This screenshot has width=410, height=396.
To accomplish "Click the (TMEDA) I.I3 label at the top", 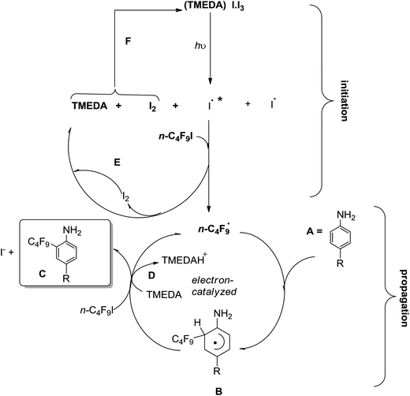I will click(208, 9).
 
